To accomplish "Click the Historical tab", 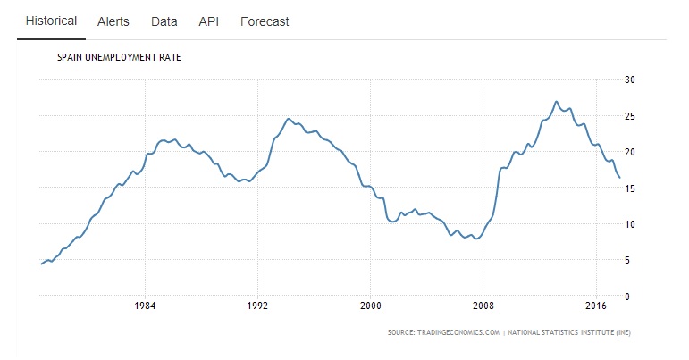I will tap(51, 21).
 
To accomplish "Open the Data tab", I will tap(164, 21).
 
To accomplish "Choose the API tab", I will tap(209, 21).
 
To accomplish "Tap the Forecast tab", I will tap(265, 21).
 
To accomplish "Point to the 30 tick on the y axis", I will tap(629, 80).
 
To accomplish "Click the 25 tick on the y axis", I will tap(629, 116).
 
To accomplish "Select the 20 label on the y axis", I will tap(629, 152).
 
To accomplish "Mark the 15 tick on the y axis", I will tap(629, 188).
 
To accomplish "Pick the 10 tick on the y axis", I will tap(629, 224).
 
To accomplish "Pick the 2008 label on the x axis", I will tap(483, 305).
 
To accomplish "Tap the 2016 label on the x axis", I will tap(595, 305).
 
